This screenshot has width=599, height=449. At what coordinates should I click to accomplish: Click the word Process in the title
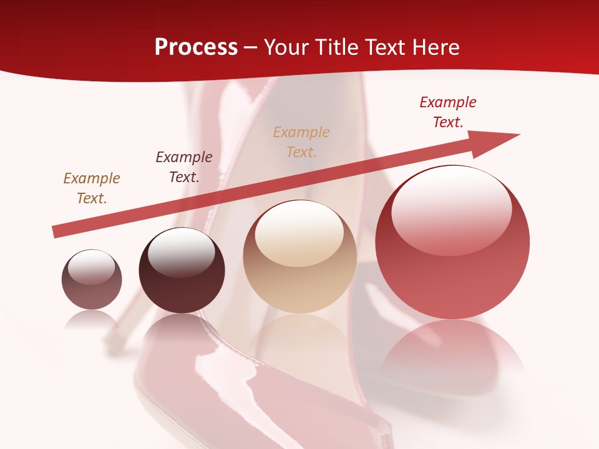click(196, 47)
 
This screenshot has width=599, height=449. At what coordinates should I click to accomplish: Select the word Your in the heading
click(285, 47)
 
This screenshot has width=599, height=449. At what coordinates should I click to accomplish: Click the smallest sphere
click(92, 279)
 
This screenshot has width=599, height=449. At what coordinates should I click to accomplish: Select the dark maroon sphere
click(182, 271)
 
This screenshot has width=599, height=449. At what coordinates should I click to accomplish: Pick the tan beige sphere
click(299, 256)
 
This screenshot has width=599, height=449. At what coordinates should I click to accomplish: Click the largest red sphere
click(452, 243)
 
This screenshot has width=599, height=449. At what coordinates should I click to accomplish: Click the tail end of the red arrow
click(56, 231)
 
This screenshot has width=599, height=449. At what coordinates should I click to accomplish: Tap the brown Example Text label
click(92, 188)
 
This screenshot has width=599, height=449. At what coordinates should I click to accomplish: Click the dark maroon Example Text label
click(184, 167)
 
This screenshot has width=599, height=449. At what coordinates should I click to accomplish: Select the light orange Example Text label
click(301, 142)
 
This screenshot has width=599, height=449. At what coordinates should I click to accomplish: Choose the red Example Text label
click(448, 112)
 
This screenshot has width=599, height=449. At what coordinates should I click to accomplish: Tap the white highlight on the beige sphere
click(299, 234)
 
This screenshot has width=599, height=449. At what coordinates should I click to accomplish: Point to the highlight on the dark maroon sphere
click(181, 253)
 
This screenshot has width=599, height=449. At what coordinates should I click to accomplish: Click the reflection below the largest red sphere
click(452, 349)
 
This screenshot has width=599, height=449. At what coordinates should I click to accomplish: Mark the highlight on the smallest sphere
click(92, 267)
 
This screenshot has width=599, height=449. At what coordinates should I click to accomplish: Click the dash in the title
click(251, 47)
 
